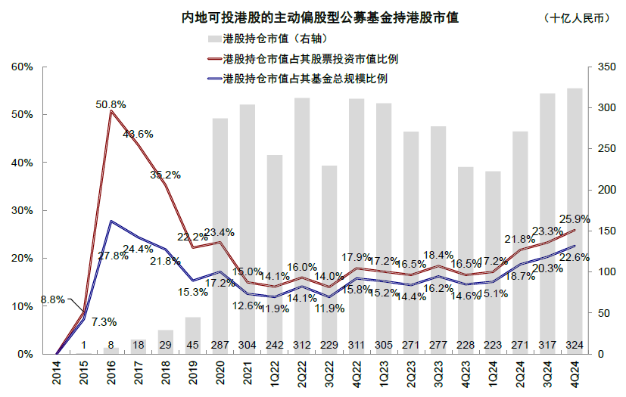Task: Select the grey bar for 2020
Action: pyautogui.click(x=220, y=234)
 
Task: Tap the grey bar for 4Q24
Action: pyautogui.click(x=575, y=219)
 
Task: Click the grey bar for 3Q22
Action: pyautogui.click(x=329, y=257)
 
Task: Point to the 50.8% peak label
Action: pyautogui.click(x=111, y=104)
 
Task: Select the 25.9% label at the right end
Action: pyautogui.click(x=574, y=219)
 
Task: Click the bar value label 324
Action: pyautogui.click(x=575, y=345)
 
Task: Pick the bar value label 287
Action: pyautogui.click(x=220, y=345)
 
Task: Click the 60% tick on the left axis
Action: pyautogui.click(x=23, y=67)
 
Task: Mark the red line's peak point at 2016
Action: pyautogui.click(x=111, y=111)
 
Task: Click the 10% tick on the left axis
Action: pyautogui.click(x=23, y=306)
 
